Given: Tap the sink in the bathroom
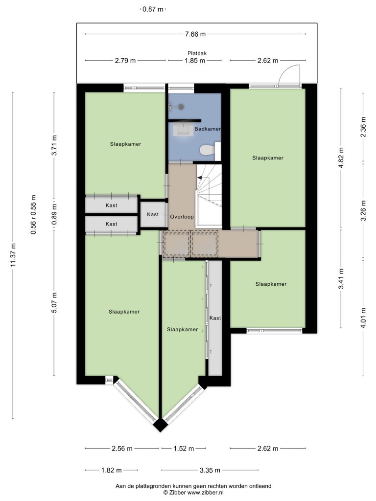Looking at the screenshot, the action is [x=184, y=130].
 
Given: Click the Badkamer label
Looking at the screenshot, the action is [x=208, y=129].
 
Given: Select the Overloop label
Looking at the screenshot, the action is [x=182, y=217].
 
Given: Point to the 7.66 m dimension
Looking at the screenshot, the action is [x=195, y=34].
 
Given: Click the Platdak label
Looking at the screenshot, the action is [x=197, y=53].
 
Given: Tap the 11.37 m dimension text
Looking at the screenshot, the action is [x=13, y=255].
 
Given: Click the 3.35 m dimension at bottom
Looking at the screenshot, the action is [x=210, y=470].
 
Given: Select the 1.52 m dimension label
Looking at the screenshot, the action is [x=184, y=448].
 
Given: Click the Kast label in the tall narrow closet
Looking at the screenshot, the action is [x=215, y=318].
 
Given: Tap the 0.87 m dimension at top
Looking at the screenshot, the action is [x=153, y=9].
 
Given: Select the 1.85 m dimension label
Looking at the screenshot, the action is [x=195, y=60].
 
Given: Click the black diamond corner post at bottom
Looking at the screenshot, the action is [x=160, y=425].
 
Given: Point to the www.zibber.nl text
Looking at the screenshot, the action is [x=206, y=492].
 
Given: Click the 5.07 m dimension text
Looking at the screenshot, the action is [x=54, y=303].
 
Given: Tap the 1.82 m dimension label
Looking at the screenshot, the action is [x=112, y=470].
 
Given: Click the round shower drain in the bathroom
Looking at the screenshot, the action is [x=181, y=107].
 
